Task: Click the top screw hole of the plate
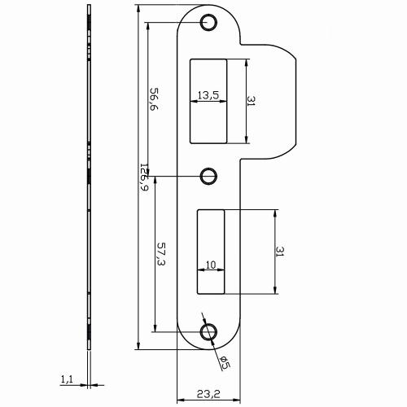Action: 209,21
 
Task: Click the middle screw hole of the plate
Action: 209,174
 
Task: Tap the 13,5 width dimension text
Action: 208,95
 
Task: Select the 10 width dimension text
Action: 210,264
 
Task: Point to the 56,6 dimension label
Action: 152,101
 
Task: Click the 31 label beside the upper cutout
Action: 252,103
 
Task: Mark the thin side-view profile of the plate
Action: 86,187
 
